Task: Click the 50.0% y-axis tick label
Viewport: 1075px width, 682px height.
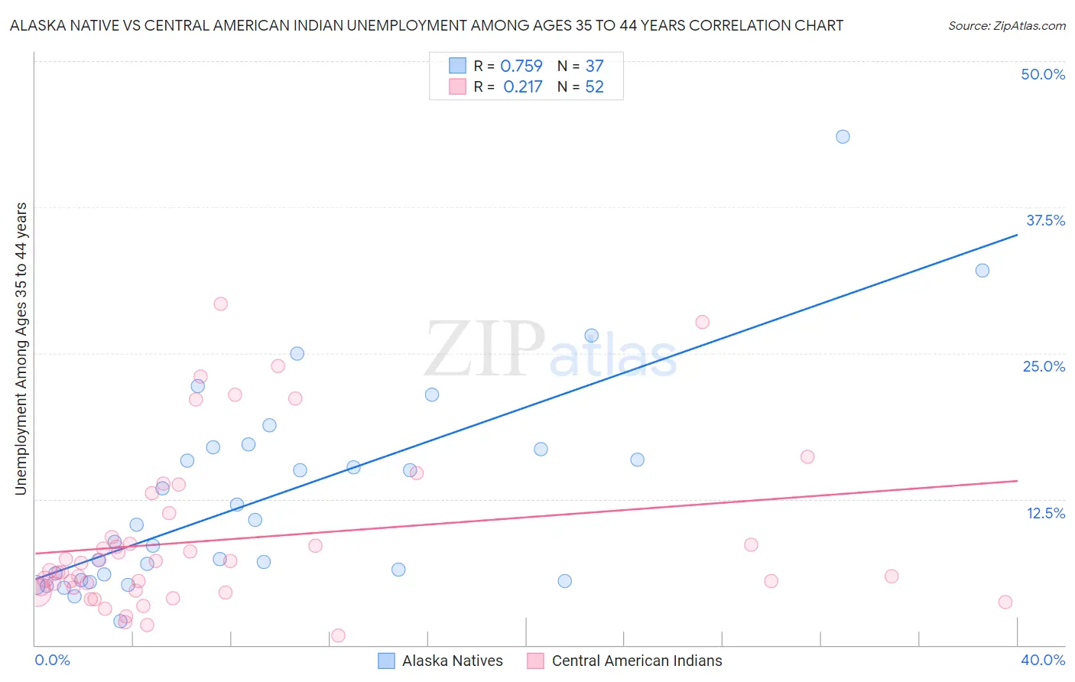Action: [1043, 74]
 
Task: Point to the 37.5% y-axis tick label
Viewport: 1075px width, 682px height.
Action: [1045, 220]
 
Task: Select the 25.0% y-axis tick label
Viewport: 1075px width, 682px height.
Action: [1044, 366]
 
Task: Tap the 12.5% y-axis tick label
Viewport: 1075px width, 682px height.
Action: [1045, 513]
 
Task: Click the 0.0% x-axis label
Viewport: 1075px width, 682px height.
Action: [53, 660]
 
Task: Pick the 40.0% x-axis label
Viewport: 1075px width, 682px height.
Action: [1043, 660]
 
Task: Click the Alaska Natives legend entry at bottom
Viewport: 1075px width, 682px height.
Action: [441, 661]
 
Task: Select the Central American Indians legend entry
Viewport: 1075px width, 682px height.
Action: [625, 661]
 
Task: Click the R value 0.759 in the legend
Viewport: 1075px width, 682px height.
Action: [521, 67]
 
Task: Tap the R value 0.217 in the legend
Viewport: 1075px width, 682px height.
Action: [522, 87]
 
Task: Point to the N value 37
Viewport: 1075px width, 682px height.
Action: [594, 67]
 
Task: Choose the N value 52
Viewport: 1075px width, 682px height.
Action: [594, 87]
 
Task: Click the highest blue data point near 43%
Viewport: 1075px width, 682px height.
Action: [843, 137]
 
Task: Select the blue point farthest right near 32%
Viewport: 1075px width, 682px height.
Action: [982, 270]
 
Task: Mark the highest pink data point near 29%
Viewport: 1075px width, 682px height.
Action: [221, 304]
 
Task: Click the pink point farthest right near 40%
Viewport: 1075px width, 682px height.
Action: [1005, 602]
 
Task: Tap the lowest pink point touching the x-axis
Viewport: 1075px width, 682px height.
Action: [338, 635]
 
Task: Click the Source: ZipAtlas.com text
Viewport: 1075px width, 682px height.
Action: [1006, 26]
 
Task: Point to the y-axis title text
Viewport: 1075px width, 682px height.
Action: [21, 349]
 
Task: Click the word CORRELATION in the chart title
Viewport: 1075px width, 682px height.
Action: [737, 25]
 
